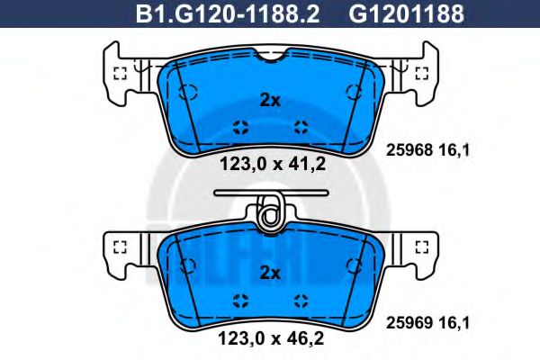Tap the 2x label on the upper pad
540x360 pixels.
coord(270,101)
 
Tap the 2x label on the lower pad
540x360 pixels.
coord(270,273)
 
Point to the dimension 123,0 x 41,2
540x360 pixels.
coord(270,164)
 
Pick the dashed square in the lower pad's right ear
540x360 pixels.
coord(418,246)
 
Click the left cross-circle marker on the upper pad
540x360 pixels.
coord(238,126)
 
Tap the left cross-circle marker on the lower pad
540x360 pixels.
coord(238,300)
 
